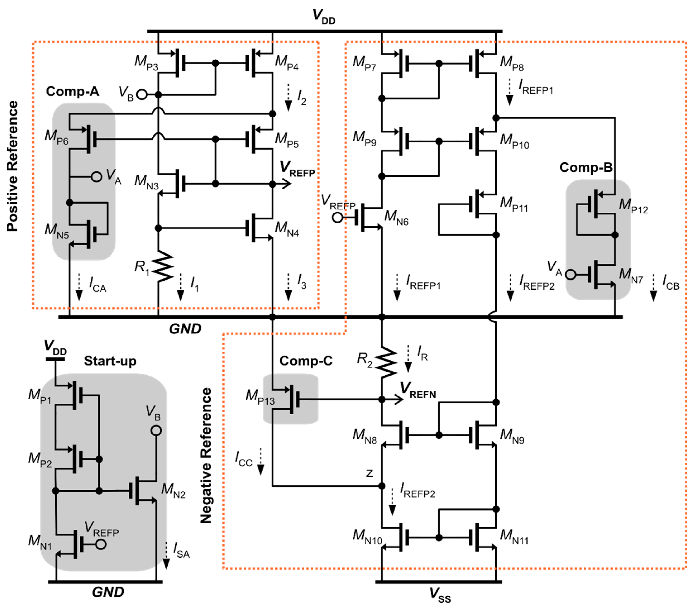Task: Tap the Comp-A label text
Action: pos(72,91)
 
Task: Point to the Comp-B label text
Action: pos(586,168)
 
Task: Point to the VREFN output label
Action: pos(418,390)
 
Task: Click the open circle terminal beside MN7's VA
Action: pos(571,274)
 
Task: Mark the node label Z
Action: pos(369,473)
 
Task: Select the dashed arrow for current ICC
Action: pos(260,461)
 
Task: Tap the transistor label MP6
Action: pos(56,137)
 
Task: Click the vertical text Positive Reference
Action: pos(13,166)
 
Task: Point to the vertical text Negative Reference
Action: pos(206,455)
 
